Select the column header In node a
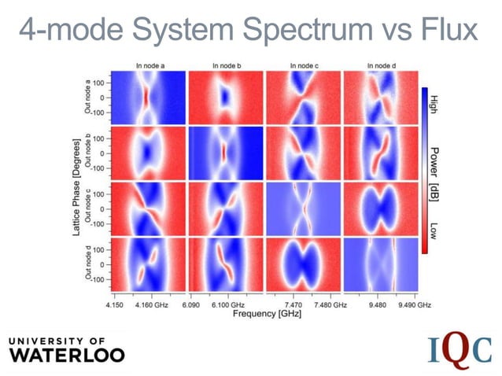point(148,65)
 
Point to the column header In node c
point(304,65)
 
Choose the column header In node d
point(381,65)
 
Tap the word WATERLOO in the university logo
point(66,355)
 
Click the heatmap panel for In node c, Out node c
point(303,208)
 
